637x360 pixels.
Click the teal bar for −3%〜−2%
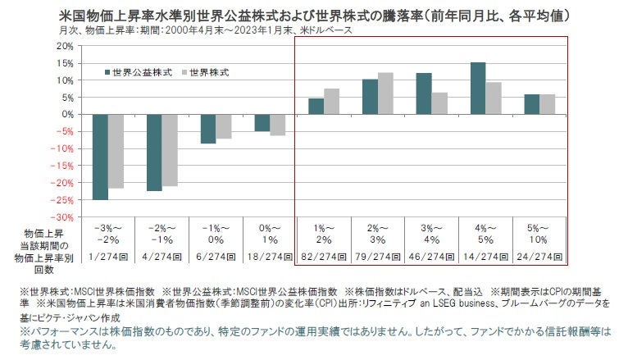[100, 157]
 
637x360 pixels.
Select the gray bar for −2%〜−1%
[170, 150]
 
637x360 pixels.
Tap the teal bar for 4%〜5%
[477, 88]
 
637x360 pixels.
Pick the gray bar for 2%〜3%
[384, 93]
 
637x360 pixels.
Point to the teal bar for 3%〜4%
[423, 93]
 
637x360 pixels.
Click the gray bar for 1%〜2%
[331, 101]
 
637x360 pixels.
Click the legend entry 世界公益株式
[141, 72]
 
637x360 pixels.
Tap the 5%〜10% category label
[539, 233]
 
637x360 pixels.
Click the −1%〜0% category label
[215, 233]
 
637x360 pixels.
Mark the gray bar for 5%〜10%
[547, 104]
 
